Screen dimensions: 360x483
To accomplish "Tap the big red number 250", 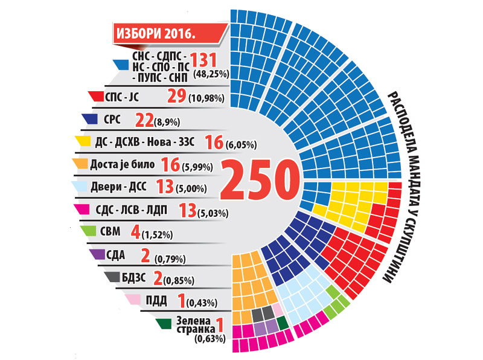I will [x=260, y=180].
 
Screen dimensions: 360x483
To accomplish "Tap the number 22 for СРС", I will [x=144, y=120].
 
